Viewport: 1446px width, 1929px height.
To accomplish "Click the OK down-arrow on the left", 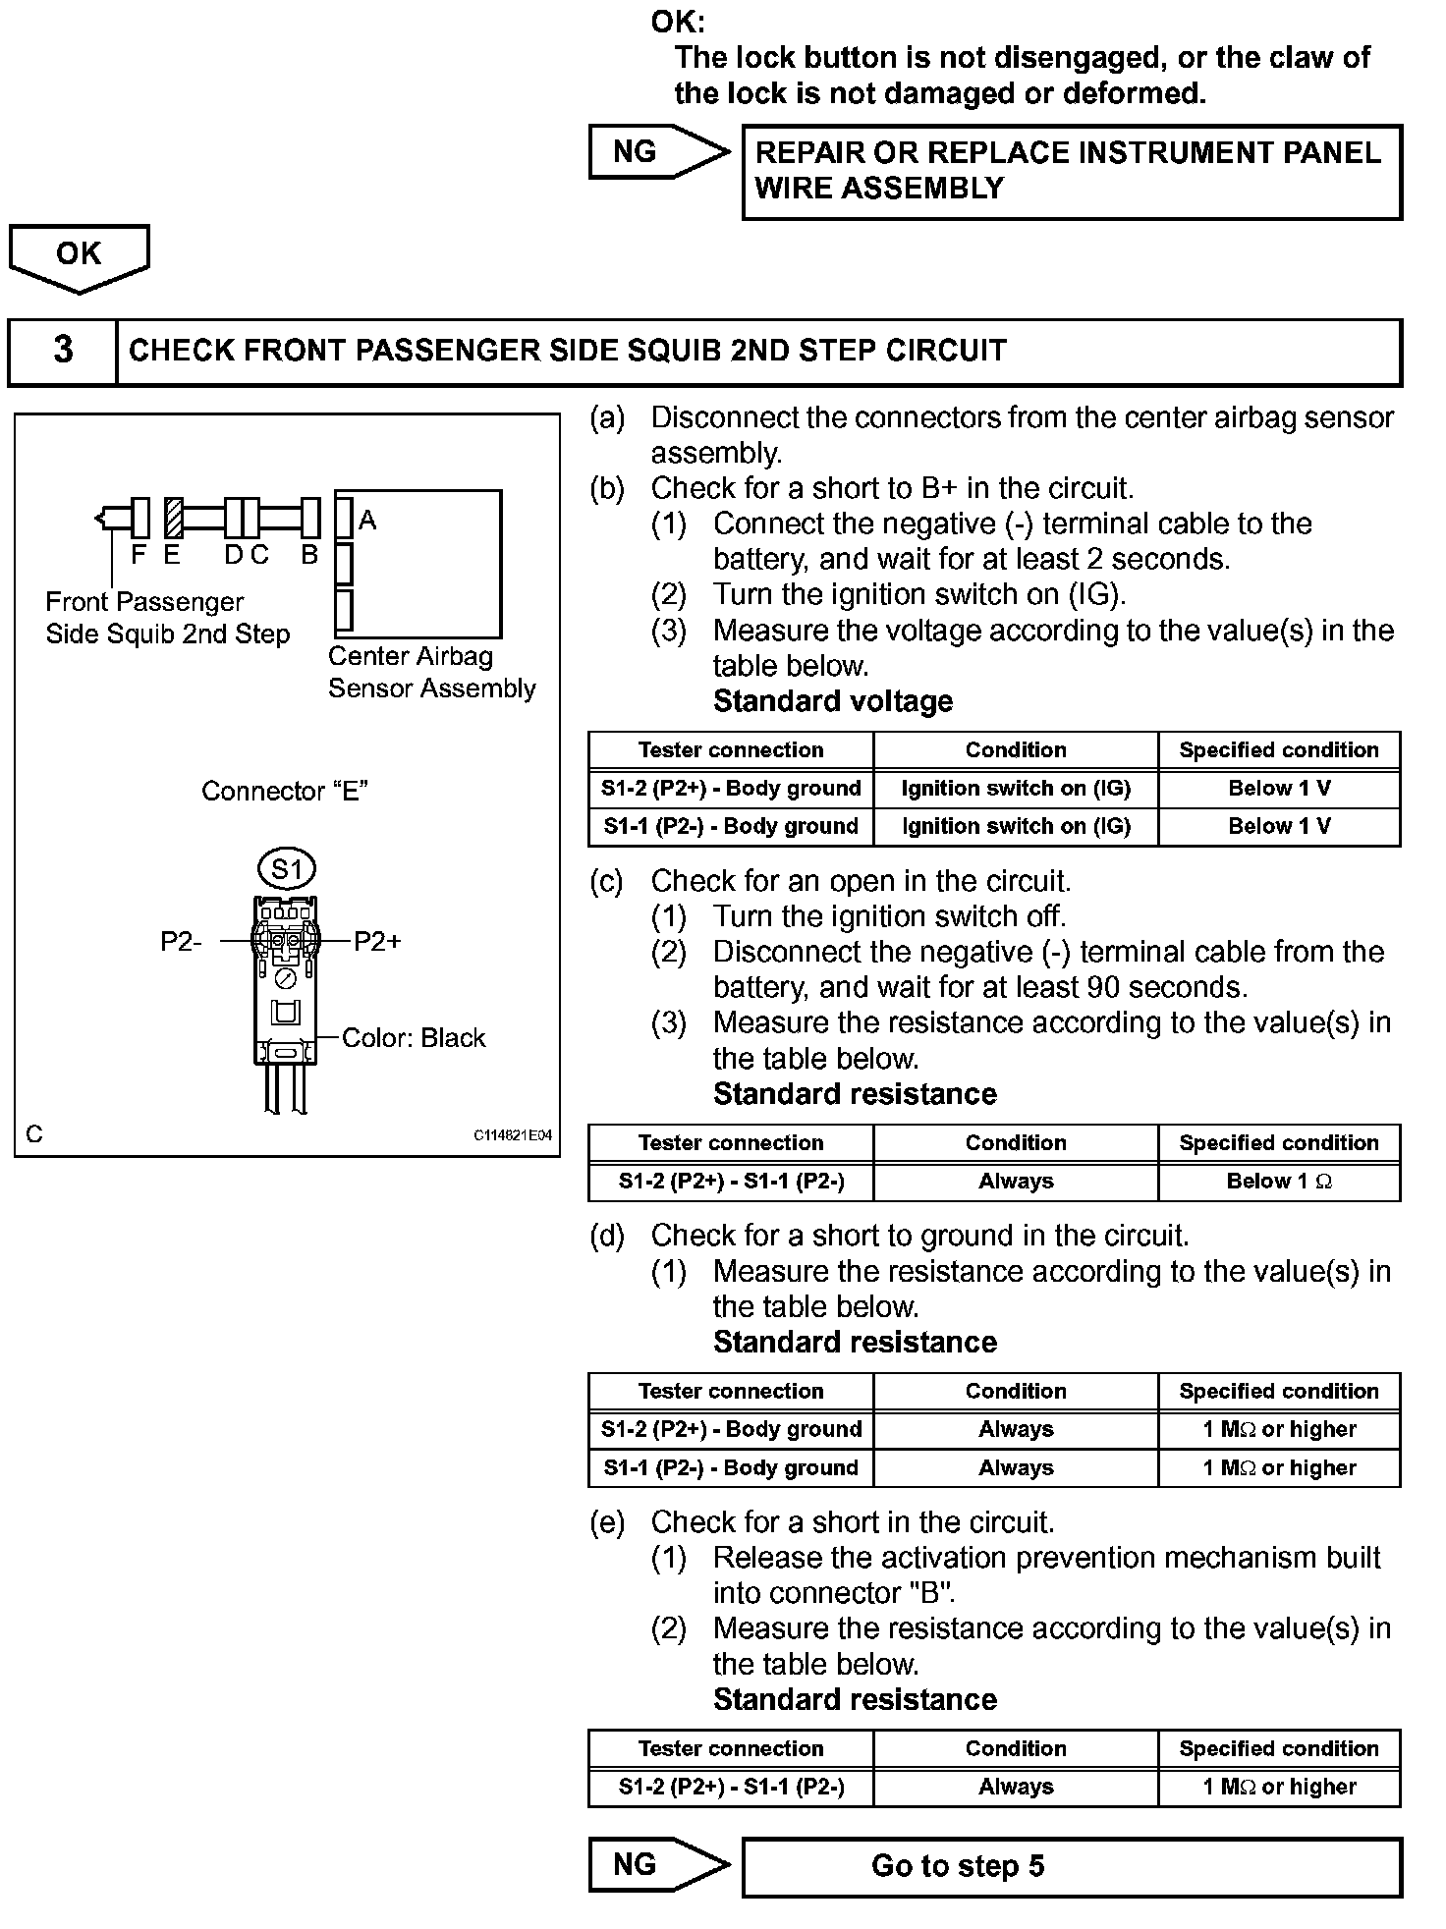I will pos(79,255).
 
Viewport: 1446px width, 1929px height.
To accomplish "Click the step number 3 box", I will pos(63,351).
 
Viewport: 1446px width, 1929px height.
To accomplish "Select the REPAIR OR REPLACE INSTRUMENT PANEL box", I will pos(1071,171).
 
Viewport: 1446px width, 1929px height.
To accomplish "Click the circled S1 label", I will pos(287,869).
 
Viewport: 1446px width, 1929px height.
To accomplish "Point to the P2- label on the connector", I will pos(181,942).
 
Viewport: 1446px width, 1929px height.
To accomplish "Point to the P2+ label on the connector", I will pos(377,942).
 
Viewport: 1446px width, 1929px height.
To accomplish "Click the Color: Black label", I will pos(414,1038).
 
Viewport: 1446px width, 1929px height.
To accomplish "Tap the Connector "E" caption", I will pos(285,792).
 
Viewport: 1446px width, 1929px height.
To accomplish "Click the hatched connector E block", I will pos(174,517).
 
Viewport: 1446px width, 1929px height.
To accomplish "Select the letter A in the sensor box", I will pos(367,521).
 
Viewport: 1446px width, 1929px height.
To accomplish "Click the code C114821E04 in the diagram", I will pos(513,1135).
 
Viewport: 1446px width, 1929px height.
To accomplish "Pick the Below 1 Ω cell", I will pos(1279,1182).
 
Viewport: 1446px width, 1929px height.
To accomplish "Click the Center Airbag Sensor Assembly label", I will pos(432,672).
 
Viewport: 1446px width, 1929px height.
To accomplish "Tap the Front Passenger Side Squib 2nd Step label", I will pos(167,618).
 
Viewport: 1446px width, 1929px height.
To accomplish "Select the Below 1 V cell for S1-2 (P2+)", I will pos(1279,789).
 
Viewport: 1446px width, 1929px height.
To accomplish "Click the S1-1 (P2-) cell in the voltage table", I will pos(731,827).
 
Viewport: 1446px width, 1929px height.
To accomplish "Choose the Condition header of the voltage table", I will pos(1016,750).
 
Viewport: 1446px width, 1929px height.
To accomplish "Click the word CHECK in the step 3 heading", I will pos(182,352).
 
